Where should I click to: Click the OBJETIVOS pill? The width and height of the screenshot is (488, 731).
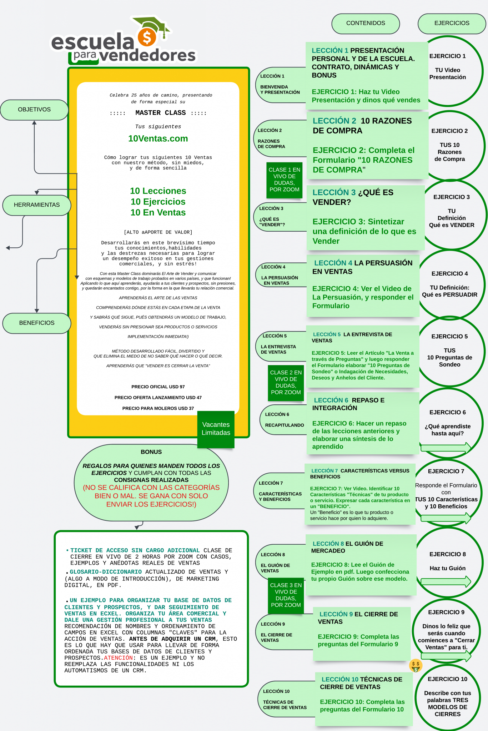pyautogui.click(x=34, y=110)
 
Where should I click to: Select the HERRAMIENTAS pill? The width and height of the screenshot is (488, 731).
pyautogui.click(x=37, y=205)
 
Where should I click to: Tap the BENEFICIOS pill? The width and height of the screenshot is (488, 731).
pyautogui.click(x=37, y=323)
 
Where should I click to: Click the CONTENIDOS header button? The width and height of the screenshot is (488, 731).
pyautogui.click(x=366, y=23)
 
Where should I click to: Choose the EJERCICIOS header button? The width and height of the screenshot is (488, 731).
pyautogui.click(x=452, y=23)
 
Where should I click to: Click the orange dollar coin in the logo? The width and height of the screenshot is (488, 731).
pyautogui.click(x=147, y=37)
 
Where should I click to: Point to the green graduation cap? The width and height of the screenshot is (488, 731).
pyautogui.click(x=152, y=24)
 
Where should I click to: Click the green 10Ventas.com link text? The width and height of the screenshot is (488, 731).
pyautogui.click(x=158, y=138)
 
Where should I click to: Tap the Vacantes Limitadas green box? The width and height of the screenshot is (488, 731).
pyautogui.click(x=216, y=429)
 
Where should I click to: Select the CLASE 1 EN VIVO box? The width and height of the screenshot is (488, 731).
pyautogui.click(x=285, y=180)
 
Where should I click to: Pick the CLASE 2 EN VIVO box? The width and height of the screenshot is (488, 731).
pyautogui.click(x=286, y=383)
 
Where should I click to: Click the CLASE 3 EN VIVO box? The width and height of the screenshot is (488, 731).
pyautogui.click(x=286, y=595)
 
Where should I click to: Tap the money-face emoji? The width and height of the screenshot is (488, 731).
pyautogui.click(x=416, y=665)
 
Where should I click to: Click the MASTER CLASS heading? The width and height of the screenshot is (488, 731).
pyautogui.click(x=158, y=113)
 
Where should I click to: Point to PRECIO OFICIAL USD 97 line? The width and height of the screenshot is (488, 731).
pyautogui.click(x=158, y=387)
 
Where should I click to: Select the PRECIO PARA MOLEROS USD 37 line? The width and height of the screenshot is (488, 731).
pyautogui.click(x=158, y=408)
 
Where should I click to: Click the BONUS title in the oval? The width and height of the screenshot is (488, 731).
pyautogui.click(x=151, y=452)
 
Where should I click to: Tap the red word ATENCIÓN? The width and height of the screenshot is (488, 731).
pyautogui.click(x=118, y=658)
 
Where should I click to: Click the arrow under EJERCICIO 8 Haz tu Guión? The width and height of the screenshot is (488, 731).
pyautogui.click(x=446, y=581)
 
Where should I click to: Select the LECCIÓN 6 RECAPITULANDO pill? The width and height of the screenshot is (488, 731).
pyautogui.click(x=283, y=420)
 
